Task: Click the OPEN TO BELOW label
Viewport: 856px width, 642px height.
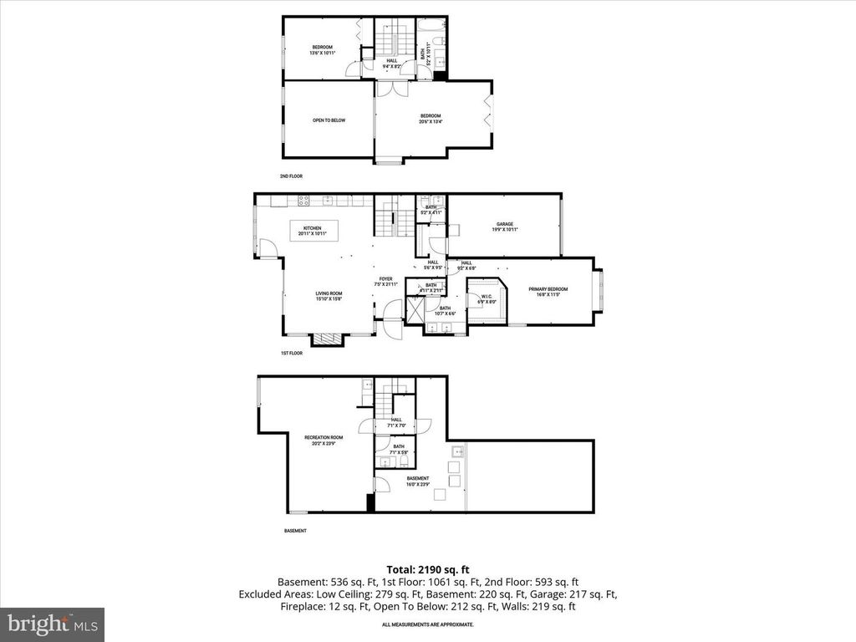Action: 329,120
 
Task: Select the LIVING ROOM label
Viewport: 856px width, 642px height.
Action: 329,295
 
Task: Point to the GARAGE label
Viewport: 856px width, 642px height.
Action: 504,226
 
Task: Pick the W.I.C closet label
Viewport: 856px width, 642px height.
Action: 486,298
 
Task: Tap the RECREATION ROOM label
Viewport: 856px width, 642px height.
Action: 324,440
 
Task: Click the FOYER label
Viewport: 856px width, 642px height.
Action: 385,282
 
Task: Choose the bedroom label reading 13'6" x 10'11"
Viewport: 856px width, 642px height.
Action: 323,49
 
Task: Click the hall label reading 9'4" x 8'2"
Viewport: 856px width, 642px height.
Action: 391,63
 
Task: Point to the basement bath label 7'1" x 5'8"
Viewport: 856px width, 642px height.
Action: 399,449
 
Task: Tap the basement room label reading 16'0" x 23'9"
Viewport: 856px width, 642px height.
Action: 417,481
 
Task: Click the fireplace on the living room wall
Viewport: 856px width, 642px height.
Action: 327,339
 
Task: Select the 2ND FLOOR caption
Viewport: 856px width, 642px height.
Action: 291,176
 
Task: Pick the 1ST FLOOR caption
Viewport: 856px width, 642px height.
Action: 291,354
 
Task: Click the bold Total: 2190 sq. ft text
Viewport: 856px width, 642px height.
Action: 427,569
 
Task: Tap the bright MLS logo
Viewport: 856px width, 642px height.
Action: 52,624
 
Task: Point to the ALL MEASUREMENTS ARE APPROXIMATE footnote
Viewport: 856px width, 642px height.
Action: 427,624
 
